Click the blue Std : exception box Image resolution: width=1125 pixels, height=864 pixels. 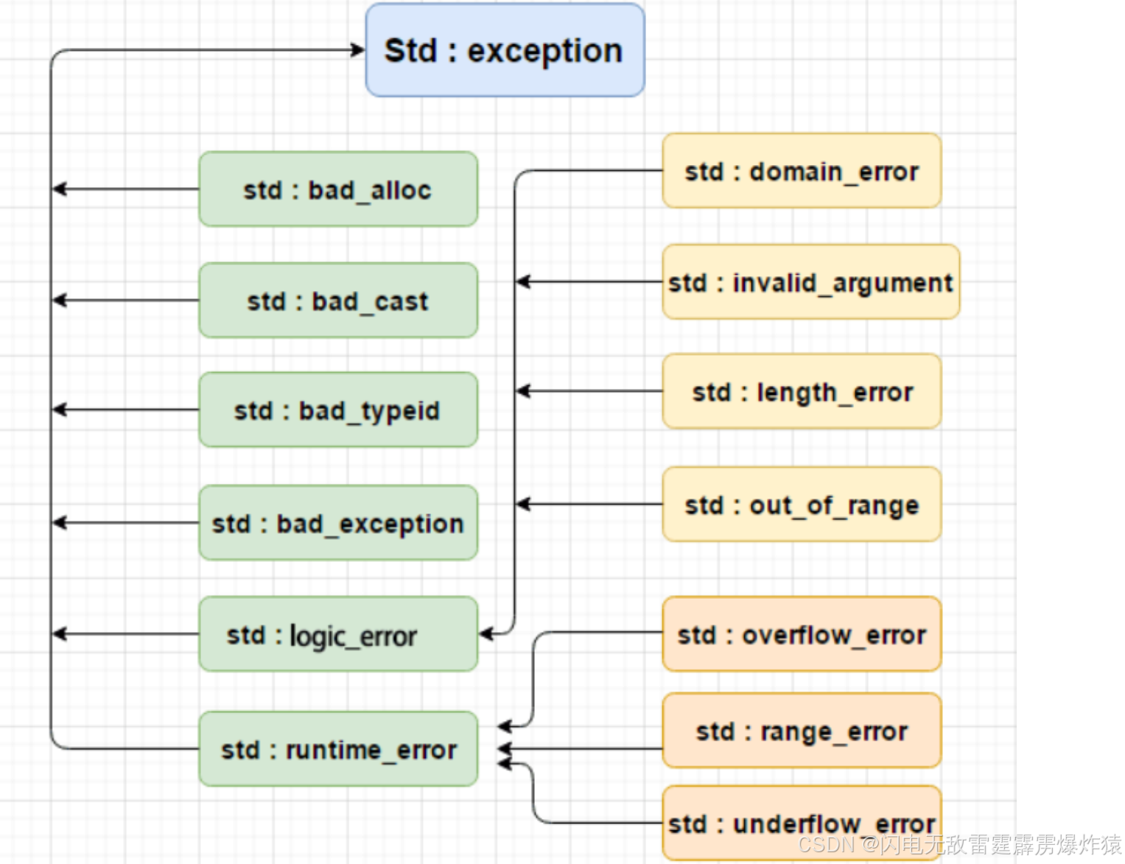point(505,50)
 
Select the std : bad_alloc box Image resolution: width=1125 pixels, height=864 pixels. point(338,189)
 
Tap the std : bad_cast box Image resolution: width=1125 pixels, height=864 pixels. point(338,301)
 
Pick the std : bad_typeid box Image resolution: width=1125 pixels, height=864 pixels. point(338,410)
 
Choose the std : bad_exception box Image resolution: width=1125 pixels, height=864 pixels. point(338,523)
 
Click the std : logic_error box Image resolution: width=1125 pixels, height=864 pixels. point(338,634)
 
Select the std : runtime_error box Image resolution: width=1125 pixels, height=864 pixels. point(338,749)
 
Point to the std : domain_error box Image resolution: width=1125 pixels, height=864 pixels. point(802,171)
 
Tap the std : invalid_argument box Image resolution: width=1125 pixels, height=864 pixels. point(810,282)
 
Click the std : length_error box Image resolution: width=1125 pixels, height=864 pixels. point(802,391)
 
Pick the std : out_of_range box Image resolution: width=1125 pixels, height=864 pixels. point(802,505)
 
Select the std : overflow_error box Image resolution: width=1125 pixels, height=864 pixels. point(802,634)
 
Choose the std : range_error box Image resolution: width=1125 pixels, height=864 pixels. point(802,731)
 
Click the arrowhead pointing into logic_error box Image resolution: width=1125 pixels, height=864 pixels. point(486,633)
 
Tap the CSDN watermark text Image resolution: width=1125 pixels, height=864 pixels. point(958,845)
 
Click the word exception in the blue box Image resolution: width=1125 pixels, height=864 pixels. point(545,51)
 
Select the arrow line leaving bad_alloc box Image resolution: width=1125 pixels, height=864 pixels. point(125,189)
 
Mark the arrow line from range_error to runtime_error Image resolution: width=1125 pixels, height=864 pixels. point(582,749)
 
